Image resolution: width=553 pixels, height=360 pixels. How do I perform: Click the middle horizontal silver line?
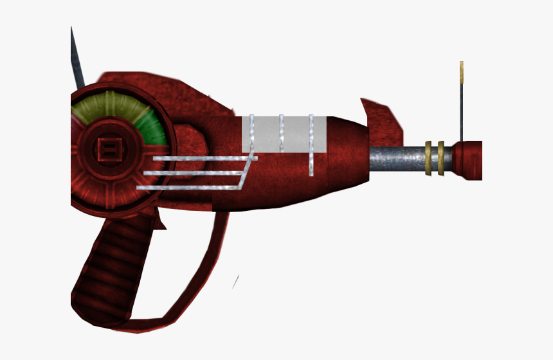193,172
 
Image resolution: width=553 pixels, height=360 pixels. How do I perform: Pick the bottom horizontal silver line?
186,188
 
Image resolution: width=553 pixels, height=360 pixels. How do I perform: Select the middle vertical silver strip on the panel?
281,134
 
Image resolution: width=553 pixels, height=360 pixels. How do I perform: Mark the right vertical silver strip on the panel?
311,145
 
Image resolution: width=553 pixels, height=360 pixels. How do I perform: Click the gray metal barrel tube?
396,158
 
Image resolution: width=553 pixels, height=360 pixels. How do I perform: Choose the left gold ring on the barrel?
428,157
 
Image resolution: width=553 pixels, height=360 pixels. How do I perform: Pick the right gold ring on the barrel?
440,157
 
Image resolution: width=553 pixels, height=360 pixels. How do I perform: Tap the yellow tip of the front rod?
462,71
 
